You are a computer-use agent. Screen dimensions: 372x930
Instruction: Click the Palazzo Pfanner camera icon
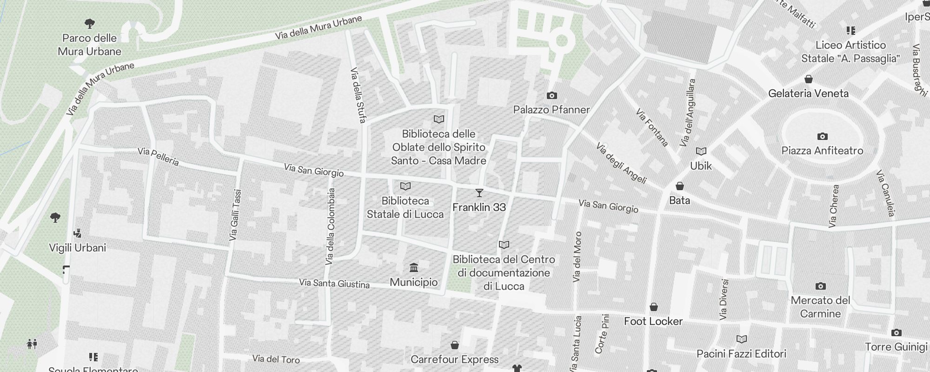tap(551, 95)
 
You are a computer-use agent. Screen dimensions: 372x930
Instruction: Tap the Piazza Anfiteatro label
tap(822, 151)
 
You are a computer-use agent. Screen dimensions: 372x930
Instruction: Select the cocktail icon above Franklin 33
tap(479, 193)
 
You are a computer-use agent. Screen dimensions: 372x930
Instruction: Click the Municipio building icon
tap(413, 268)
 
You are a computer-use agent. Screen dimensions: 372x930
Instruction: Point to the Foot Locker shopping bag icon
tap(653, 307)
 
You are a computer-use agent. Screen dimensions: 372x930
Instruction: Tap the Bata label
tap(679, 200)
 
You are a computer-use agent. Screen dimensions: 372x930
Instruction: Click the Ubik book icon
tap(701, 152)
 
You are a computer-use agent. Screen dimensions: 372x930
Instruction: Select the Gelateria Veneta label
tap(808, 93)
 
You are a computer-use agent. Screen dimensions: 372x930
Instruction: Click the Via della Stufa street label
tap(358, 95)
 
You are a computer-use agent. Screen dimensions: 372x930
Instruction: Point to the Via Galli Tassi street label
tap(236, 215)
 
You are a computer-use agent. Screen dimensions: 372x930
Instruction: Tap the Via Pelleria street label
tap(159, 157)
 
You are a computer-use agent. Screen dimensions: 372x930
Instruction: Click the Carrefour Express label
tap(454, 359)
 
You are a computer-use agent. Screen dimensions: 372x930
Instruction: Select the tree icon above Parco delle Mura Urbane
tap(90, 23)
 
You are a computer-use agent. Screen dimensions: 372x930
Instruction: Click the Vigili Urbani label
tap(78, 248)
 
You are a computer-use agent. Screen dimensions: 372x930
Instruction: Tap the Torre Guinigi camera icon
tap(896, 333)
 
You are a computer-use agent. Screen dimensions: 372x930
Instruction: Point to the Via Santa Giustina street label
tap(334, 283)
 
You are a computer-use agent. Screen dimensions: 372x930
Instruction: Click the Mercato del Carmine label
tap(820, 307)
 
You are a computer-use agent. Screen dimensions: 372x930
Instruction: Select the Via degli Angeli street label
tap(621, 163)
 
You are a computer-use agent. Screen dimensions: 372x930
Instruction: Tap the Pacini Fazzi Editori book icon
tap(741, 339)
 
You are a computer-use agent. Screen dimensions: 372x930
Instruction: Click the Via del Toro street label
tap(276, 359)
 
